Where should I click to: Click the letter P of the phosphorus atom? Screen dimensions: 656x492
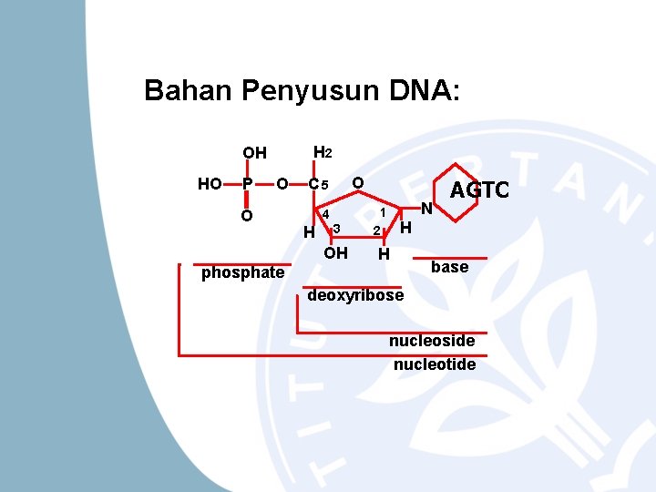click(246, 184)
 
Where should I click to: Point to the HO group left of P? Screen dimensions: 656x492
click(210, 184)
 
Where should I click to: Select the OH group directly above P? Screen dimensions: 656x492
click(254, 153)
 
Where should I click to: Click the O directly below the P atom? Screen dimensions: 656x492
click(246, 216)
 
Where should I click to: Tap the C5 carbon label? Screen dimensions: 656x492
click(318, 185)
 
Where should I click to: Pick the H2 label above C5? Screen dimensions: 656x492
click(323, 152)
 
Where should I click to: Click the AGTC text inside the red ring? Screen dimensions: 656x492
click(479, 190)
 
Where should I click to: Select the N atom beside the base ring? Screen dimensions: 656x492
click(425, 209)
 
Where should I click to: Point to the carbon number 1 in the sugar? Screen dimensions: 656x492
click(384, 212)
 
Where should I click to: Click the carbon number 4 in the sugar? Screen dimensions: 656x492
click(325, 214)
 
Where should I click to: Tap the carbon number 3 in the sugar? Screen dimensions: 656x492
click(336, 228)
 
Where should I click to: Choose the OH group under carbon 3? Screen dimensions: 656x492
click(335, 253)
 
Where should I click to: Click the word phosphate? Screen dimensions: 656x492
click(242, 273)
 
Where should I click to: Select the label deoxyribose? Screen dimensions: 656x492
click(356, 296)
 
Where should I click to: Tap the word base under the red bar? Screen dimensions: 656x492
click(449, 267)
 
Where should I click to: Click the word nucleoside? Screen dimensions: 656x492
click(432, 341)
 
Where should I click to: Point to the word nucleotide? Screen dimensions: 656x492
click(435, 364)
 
